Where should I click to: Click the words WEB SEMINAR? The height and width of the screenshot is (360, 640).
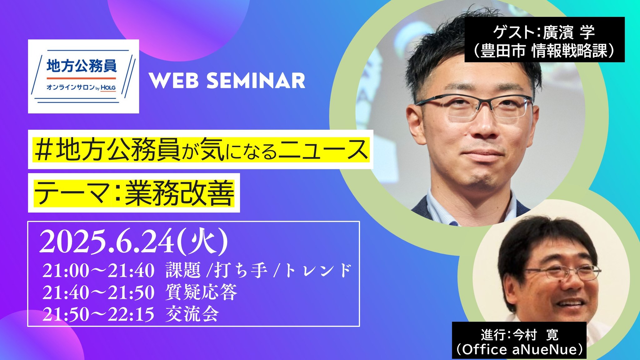click(227, 81)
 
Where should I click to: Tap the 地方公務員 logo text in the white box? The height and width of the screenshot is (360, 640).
click(82, 66)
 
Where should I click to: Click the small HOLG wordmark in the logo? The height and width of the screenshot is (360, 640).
click(108, 88)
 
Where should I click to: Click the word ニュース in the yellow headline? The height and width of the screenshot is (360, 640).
click(323, 150)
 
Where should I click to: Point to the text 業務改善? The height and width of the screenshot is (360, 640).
click(179, 193)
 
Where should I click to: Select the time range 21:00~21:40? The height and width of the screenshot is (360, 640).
click(98, 271)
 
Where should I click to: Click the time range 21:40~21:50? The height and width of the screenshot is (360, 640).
click(98, 292)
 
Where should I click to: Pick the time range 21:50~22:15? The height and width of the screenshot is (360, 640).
click(98, 314)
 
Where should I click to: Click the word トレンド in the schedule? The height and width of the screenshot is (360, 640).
click(318, 270)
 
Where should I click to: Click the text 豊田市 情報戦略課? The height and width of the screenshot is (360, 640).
click(544, 51)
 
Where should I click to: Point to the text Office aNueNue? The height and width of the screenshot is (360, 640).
click(519, 349)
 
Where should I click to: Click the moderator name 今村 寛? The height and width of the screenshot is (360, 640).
click(536, 335)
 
